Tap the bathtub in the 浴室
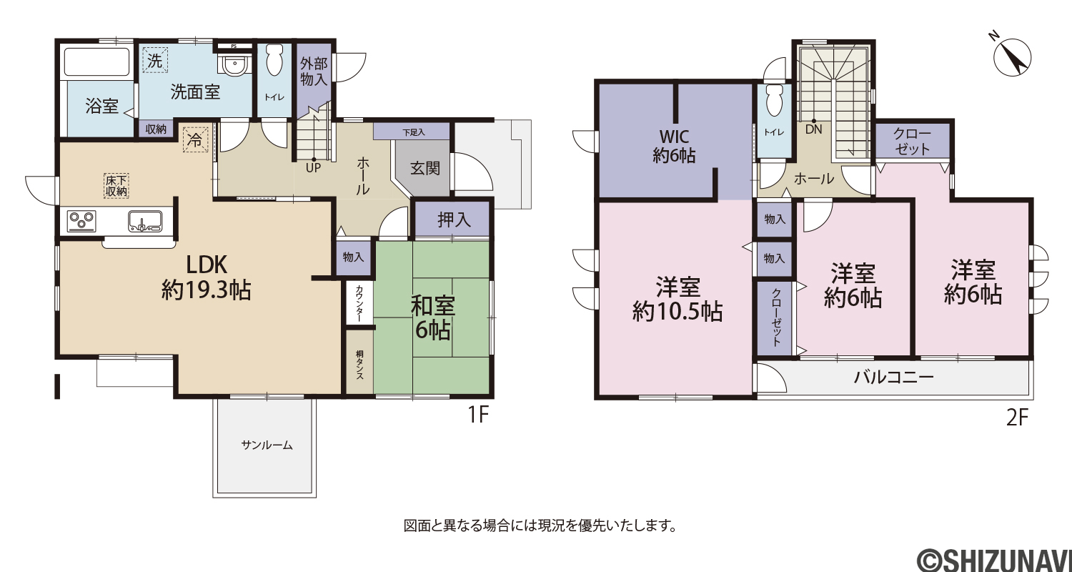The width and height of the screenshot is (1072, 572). coord(97,61)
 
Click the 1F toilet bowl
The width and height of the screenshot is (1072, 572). coord(274,59)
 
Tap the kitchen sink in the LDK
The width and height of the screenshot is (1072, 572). coord(144,221)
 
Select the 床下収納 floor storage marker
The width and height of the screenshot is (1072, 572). coord(116,186)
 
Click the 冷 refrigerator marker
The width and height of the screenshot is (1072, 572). coord(196,139)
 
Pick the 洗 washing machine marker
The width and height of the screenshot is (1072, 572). coord(155,60)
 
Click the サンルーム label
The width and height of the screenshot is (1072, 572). coord(267,445)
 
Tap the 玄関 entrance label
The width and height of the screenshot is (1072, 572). coord(425,169)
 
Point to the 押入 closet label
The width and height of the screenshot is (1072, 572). coord(454,220)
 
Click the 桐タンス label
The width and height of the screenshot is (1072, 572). coord(360,365)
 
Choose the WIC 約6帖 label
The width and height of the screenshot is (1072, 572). coord(674,146)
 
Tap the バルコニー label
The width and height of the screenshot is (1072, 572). coord(894,378)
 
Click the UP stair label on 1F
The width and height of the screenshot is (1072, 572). coord(314,168)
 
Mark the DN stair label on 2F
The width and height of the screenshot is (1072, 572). coord(813,129)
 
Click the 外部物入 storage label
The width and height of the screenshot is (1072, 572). coord(314,71)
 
